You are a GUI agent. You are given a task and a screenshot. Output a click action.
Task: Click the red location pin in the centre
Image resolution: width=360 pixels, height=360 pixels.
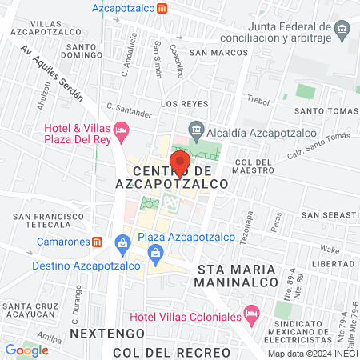pos(180,164)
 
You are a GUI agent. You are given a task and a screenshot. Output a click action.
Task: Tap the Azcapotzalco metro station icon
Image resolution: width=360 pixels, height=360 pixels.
pos(162,8)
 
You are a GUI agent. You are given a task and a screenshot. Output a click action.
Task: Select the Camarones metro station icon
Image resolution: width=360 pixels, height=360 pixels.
pos(97,241)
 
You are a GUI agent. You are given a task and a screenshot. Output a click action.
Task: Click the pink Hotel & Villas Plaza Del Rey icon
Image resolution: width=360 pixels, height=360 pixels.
pos(122,129)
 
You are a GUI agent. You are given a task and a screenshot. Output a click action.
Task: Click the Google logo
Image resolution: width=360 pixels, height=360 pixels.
pos(26,350)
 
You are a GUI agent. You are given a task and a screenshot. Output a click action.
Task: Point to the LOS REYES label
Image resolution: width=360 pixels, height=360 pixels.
pos(184,104)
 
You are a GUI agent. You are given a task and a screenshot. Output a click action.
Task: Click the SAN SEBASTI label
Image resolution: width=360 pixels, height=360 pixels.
pos(330,215)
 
